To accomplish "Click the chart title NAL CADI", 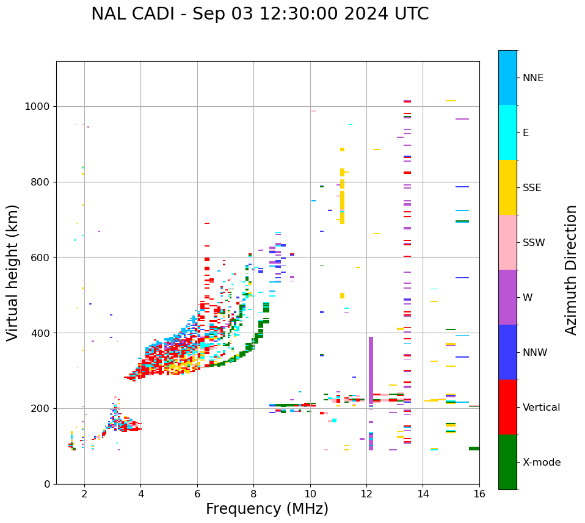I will [x=260, y=14].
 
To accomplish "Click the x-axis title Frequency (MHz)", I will [x=267, y=509].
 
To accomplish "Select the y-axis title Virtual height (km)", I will [x=13, y=273].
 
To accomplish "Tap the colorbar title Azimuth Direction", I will [x=571, y=270].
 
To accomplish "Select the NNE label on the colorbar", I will [x=532, y=78].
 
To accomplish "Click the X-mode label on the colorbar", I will [x=542, y=463].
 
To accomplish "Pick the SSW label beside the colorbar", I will [x=534, y=243].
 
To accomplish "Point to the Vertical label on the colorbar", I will [x=541, y=408].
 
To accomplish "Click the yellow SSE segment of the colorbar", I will [x=507, y=187].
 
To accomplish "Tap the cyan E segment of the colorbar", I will [x=507, y=132].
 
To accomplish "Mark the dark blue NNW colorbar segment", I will [x=507, y=352].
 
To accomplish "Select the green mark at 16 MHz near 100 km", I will [x=474, y=449].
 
